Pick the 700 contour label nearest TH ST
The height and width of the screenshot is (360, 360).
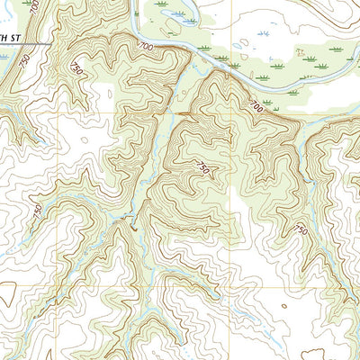tap(146, 44)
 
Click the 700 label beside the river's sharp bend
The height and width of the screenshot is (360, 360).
tap(146, 44)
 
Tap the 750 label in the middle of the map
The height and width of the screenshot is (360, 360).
tap(204, 168)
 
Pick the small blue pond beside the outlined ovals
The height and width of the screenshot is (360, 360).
tap(236, 45)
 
